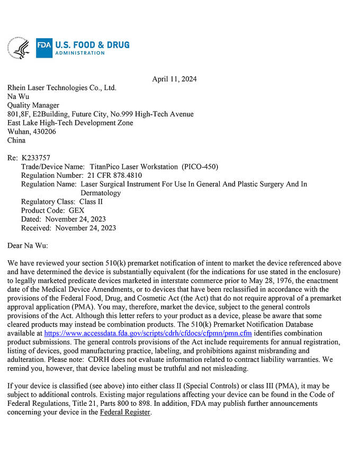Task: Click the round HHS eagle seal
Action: tap(18, 48)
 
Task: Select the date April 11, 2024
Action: tap(174, 79)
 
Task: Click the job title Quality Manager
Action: tap(33, 105)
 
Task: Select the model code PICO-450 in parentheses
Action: tap(200, 167)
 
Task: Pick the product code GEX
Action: tap(77, 210)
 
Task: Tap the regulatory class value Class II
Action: tap(91, 202)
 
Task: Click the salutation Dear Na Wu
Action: tap(28, 245)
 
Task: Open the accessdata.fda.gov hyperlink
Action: tap(148, 333)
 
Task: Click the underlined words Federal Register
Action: tap(125, 412)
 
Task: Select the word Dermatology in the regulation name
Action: tap(101, 193)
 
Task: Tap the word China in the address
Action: tap(16, 140)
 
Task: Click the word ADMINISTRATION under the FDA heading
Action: tap(80, 53)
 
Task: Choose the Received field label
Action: tap(36, 228)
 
